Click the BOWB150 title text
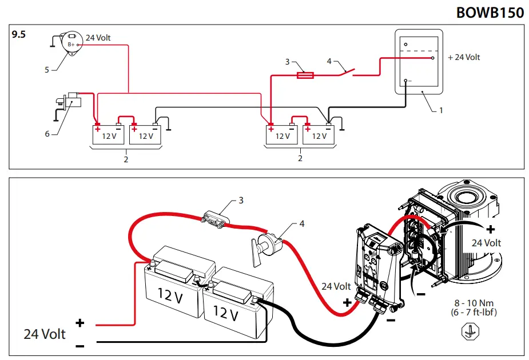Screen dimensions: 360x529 (490, 13)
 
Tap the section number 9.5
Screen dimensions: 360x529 (19, 35)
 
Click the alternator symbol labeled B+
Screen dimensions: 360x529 (71, 43)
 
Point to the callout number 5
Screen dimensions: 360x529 (47, 70)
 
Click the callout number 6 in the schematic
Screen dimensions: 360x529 (47, 134)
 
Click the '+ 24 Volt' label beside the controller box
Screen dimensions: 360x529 (464, 57)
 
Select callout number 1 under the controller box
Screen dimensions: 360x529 (441, 110)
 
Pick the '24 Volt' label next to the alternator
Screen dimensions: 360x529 (98, 38)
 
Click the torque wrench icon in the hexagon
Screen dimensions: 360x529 (470, 331)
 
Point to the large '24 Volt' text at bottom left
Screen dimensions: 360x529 (45, 334)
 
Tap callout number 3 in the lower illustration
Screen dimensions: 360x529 (241, 201)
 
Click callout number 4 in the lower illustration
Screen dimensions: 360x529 (301, 223)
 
